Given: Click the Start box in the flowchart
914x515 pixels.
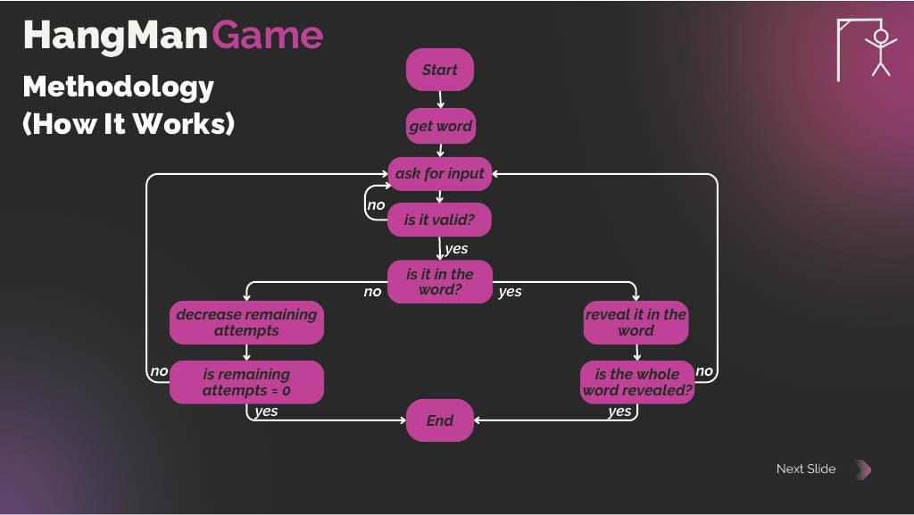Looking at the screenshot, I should (x=439, y=70).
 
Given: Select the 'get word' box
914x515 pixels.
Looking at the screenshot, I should (x=440, y=126).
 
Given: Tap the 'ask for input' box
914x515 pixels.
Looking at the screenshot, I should (x=440, y=173).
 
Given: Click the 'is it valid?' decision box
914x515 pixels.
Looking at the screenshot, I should (x=440, y=219).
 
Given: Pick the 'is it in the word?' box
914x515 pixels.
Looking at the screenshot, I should (x=440, y=282).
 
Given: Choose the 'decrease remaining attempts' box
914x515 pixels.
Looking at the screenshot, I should (x=246, y=322).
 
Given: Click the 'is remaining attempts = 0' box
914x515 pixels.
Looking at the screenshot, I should (x=246, y=382).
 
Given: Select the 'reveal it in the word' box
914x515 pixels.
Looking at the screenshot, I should (x=636, y=322).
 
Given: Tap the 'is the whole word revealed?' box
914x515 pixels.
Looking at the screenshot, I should (x=637, y=382).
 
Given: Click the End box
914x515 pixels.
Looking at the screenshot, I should (x=439, y=420).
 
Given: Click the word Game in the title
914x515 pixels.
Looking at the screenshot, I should (x=268, y=35).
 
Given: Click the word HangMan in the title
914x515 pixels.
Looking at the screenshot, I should (x=115, y=35).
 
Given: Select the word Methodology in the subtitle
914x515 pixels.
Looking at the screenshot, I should (x=118, y=87).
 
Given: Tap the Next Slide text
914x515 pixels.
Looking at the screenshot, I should (x=806, y=469).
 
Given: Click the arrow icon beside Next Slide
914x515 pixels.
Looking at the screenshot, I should (x=862, y=469).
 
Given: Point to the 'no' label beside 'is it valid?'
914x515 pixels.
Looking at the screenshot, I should (x=376, y=205).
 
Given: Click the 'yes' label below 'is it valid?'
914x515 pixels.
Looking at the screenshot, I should (x=456, y=249).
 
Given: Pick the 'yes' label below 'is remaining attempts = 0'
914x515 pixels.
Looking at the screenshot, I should (x=266, y=411).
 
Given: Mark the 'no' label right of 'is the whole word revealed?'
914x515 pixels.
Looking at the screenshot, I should (x=704, y=371).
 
